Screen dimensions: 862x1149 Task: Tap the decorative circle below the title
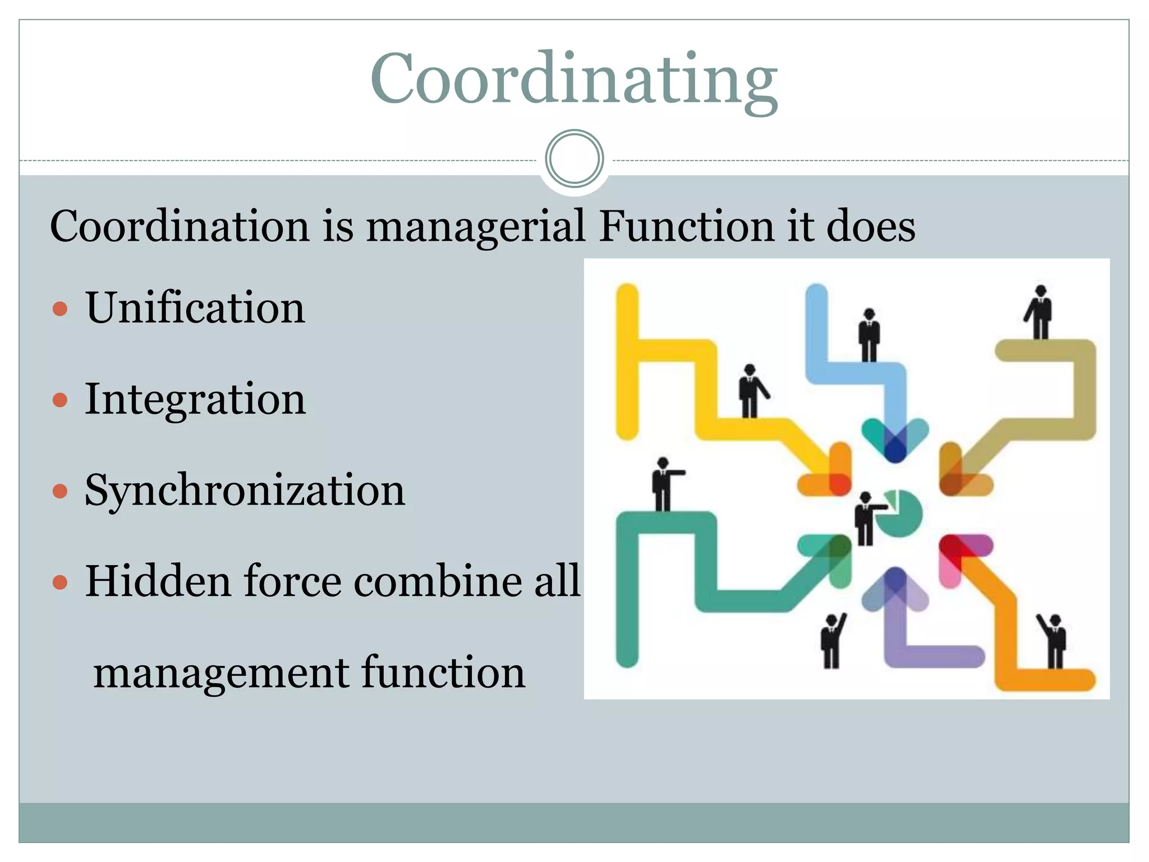574,158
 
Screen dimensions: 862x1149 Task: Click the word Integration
195,399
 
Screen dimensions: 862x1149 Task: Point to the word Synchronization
245,490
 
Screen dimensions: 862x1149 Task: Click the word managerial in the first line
476,226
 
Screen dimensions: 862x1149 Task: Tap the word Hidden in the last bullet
158,581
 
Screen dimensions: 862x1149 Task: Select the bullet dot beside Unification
60,309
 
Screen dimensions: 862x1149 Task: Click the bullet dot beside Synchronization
60,492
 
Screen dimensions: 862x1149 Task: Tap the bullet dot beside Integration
60,400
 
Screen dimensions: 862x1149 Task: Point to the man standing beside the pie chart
866,519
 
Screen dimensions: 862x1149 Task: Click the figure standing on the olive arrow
1040,312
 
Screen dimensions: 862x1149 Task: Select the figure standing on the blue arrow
869,335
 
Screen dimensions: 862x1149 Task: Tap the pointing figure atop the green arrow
664,484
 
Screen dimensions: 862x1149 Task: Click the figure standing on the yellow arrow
750,391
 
